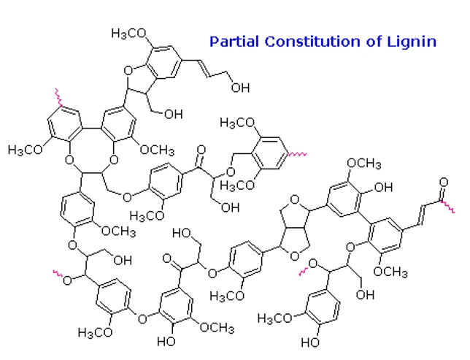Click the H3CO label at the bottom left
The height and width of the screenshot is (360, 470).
[x=95, y=332]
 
